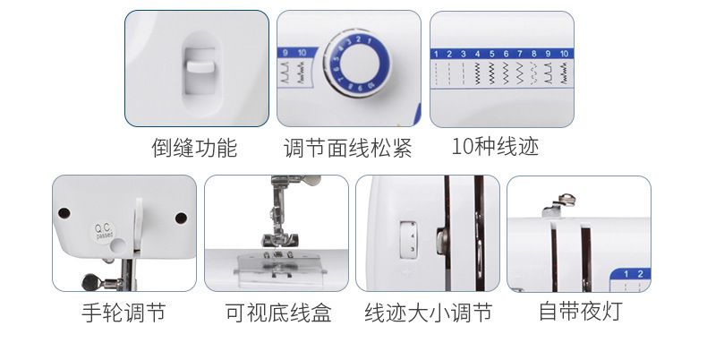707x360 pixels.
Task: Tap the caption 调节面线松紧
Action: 347,148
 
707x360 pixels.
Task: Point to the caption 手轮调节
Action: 124,313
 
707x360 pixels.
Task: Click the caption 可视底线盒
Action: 277,313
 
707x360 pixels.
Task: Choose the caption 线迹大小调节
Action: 429,313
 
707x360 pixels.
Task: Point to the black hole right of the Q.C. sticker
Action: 181,217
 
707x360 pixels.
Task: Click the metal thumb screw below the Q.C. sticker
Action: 90,282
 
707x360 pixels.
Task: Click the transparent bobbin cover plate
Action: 277,267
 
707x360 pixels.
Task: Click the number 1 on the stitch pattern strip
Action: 436,55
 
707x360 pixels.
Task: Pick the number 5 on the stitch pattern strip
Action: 491,55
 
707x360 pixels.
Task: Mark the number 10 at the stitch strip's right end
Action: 564,55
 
